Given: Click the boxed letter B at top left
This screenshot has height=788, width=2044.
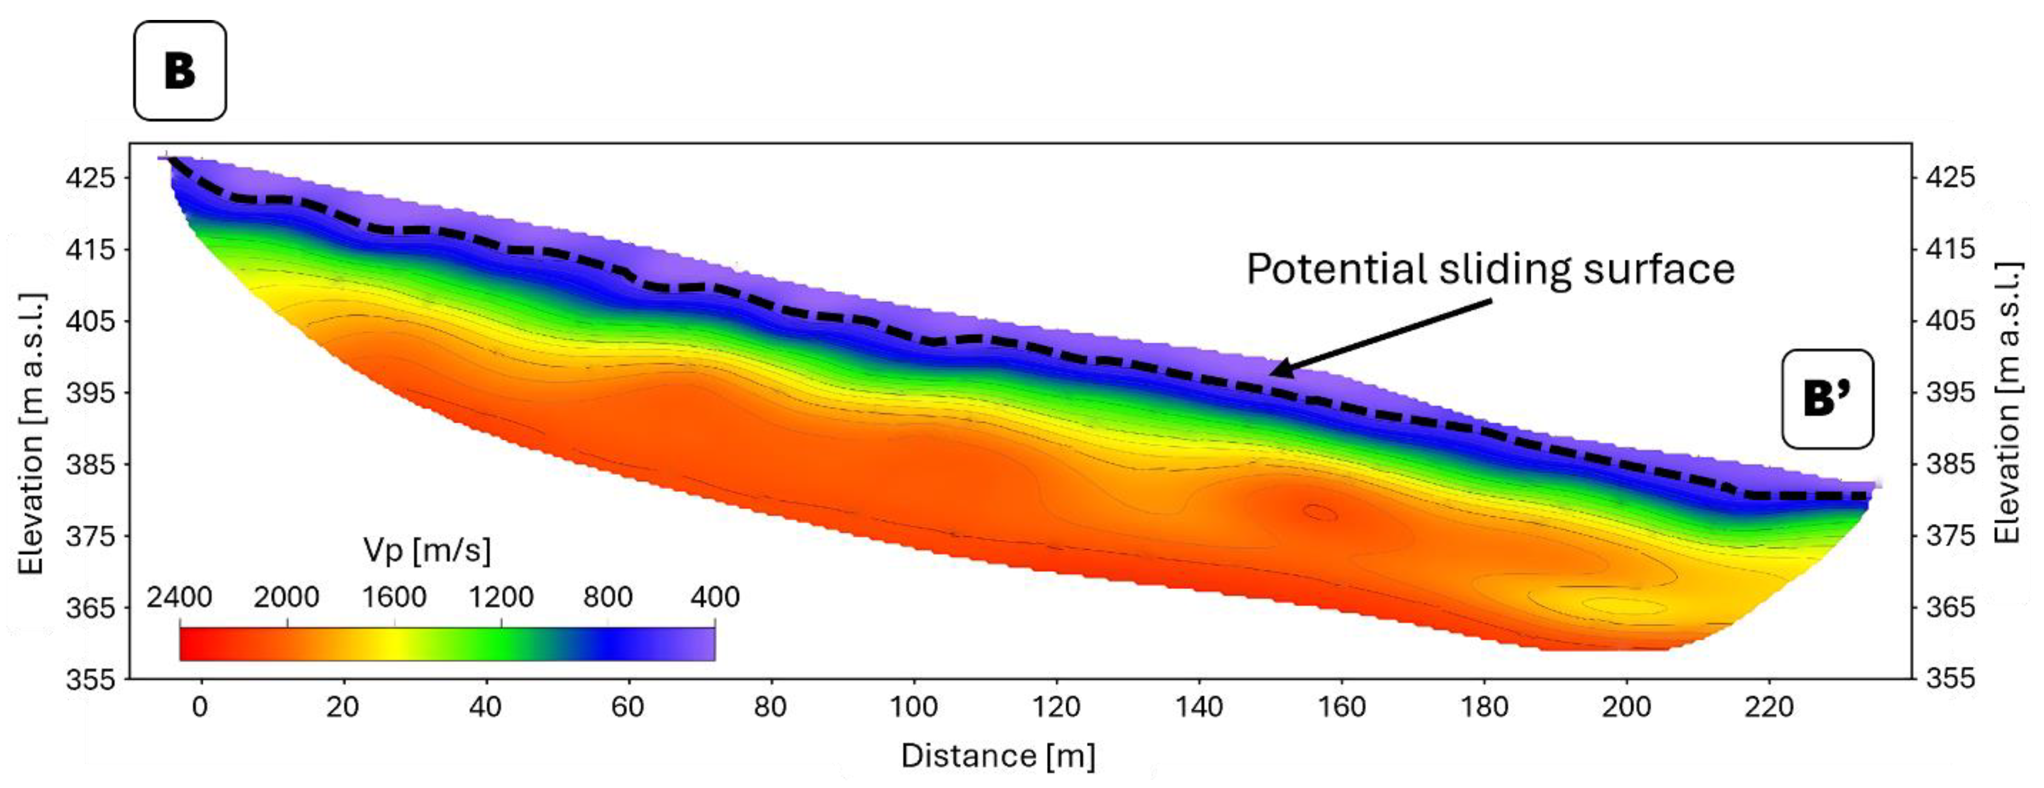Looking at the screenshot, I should coord(180,71).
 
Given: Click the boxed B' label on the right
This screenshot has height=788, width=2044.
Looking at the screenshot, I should coord(1827,399).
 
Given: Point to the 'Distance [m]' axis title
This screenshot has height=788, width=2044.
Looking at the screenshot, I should coord(998,756).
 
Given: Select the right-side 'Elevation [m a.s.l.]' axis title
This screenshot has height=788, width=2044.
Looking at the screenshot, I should coord(2007,403).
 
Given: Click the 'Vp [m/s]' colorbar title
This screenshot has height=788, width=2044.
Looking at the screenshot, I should coord(427,549).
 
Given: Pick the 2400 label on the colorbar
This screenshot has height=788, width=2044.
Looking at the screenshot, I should coord(180,597).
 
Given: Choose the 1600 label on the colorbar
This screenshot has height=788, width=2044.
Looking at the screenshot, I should coord(394,597).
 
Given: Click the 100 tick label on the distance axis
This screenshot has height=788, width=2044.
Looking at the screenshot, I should coord(913,706).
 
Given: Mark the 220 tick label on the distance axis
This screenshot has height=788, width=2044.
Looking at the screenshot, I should coord(1768,706).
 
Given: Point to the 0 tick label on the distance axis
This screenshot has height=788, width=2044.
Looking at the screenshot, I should coord(200,706).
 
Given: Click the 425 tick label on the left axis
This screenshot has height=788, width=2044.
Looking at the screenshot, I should coord(90,177).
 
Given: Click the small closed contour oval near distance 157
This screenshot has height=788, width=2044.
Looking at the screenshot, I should coord(1320,513).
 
